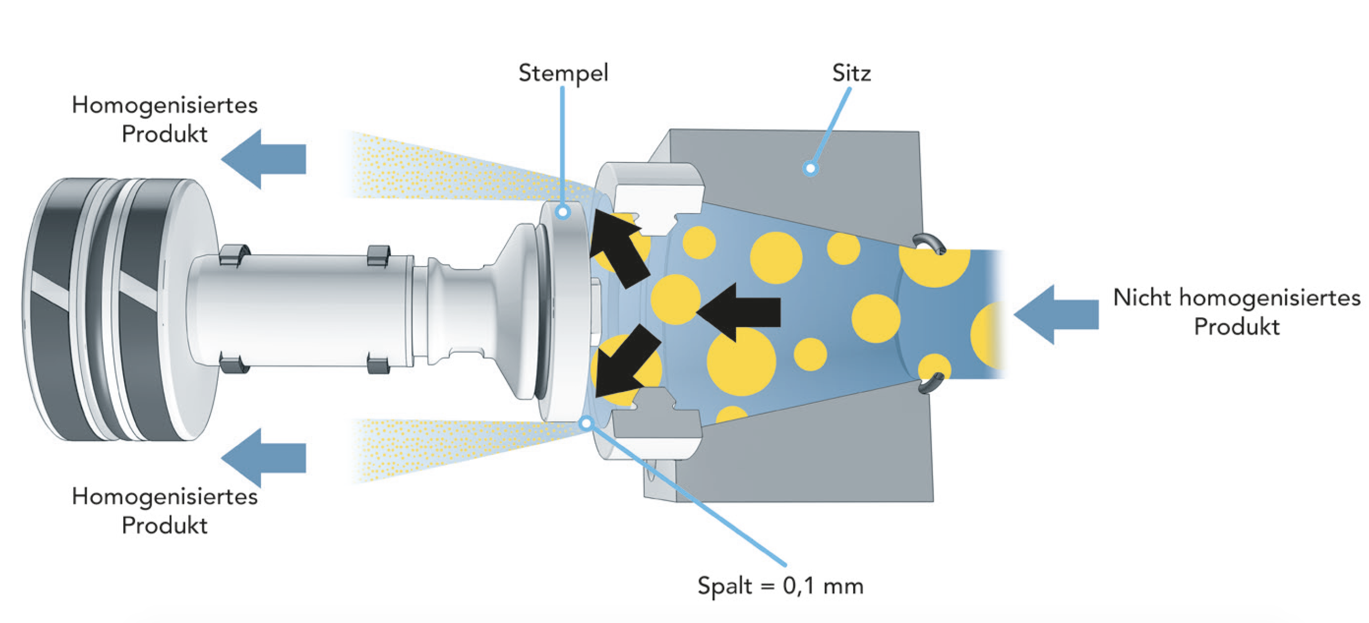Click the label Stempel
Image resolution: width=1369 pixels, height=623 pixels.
tap(563, 73)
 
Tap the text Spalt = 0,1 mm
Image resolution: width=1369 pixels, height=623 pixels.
tap(780, 586)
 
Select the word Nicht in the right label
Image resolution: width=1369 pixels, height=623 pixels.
tap(1142, 298)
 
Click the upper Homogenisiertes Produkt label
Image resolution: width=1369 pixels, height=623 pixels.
tap(165, 120)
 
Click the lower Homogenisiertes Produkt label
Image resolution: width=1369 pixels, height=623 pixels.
tap(165, 511)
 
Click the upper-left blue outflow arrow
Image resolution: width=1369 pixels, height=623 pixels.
tap(263, 159)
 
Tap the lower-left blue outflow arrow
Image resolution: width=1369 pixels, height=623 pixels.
tap(263, 457)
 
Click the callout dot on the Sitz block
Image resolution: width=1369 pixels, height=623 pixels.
tap(810, 169)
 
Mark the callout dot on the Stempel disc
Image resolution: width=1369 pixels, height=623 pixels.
tap(563, 212)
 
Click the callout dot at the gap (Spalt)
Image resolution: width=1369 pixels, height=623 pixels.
tap(586, 423)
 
